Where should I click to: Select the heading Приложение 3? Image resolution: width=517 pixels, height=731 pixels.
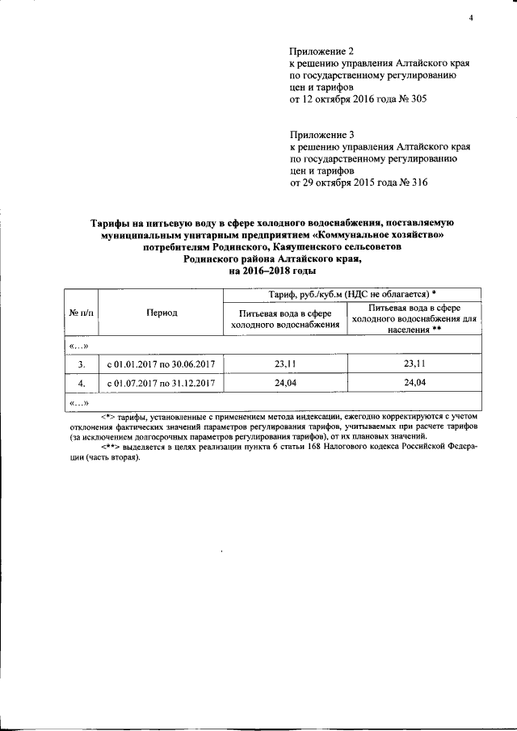tap(322, 134)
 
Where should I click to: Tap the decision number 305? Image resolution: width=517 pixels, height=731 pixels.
tap(416, 99)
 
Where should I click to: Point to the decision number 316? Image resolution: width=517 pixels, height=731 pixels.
tap(417, 183)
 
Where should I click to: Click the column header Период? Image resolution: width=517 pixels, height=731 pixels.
tap(162, 313)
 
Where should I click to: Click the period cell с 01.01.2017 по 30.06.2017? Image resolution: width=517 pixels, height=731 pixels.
tap(162, 364)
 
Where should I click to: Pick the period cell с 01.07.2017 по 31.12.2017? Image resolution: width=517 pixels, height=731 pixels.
tap(162, 382)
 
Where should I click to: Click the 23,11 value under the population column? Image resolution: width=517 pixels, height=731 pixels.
tap(414, 364)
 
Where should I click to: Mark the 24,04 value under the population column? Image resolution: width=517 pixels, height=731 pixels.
tap(414, 382)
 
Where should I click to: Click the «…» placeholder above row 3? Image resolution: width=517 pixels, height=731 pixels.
tap(78, 347)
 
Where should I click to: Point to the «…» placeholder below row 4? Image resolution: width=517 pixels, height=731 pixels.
tap(78, 401)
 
